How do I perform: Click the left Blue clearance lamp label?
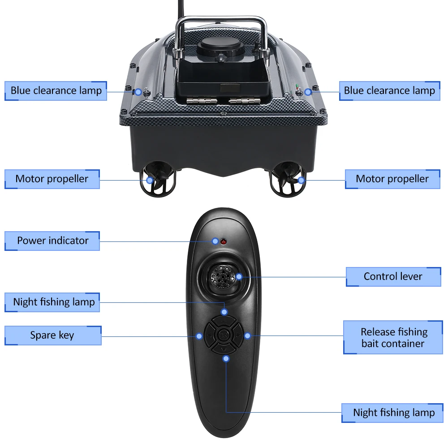tap(56, 90)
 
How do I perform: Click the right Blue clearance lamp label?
tap(389, 90)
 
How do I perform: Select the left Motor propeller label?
tap(52, 179)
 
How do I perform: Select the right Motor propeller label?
tap(392, 179)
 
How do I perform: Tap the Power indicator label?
tap(52, 241)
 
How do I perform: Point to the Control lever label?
tap(393, 276)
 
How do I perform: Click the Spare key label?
tap(52, 335)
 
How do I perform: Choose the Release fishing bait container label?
tap(393, 338)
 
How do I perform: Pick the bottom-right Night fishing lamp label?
tap(393, 413)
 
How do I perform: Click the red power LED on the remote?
tap(223, 242)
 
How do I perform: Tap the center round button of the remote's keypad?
tap(223, 335)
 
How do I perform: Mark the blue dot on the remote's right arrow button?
tap(247, 335)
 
